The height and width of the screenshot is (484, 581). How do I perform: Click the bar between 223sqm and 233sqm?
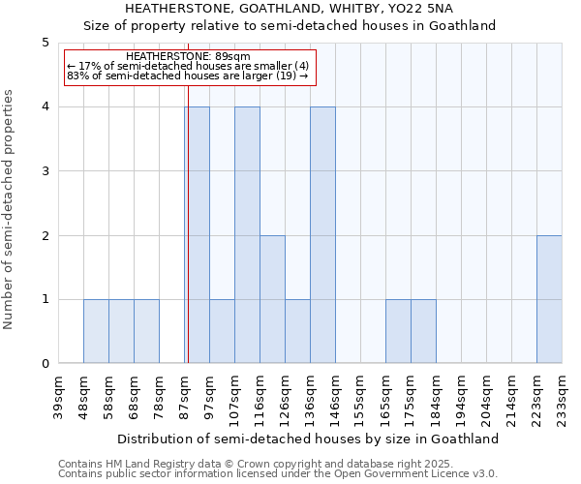pyautogui.click(x=549, y=299)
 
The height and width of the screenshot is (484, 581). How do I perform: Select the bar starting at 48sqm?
pyautogui.click(x=96, y=331)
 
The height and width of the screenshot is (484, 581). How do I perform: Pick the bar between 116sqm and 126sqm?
pyautogui.click(x=272, y=299)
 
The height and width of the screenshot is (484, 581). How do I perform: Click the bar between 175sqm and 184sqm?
pyautogui.click(x=423, y=331)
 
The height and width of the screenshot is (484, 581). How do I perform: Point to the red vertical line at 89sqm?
pyautogui.click(x=188, y=232)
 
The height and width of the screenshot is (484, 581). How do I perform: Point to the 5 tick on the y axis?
pyautogui.click(x=45, y=43)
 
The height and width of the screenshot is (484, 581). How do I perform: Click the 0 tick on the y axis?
pyautogui.click(x=45, y=364)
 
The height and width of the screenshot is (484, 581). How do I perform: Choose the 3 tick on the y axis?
pyautogui.click(x=45, y=171)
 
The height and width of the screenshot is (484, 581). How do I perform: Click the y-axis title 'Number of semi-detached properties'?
pyautogui.click(x=10, y=209)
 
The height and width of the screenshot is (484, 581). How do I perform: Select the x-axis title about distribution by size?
pyautogui.click(x=310, y=439)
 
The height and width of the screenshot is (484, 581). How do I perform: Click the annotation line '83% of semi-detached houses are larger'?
pyautogui.click(x=187, y=76)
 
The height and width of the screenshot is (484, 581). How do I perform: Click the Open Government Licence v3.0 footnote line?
pyautogui.click(x=278, y=474)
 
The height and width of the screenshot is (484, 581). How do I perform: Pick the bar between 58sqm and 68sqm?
pyautogui.click(x=121, y=331)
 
